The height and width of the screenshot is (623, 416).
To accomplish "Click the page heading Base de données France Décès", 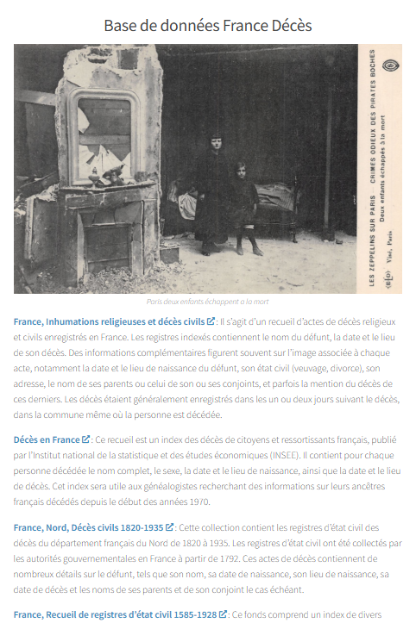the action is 207,26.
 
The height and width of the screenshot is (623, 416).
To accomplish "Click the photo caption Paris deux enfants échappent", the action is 207,302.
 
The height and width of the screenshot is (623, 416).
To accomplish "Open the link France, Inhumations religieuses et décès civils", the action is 109,321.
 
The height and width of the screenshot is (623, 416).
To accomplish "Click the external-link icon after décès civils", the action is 211,321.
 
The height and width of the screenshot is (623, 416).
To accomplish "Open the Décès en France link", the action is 47,439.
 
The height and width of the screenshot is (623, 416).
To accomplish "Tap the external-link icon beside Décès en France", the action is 86,439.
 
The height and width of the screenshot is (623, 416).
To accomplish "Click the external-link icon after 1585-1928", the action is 224,614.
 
